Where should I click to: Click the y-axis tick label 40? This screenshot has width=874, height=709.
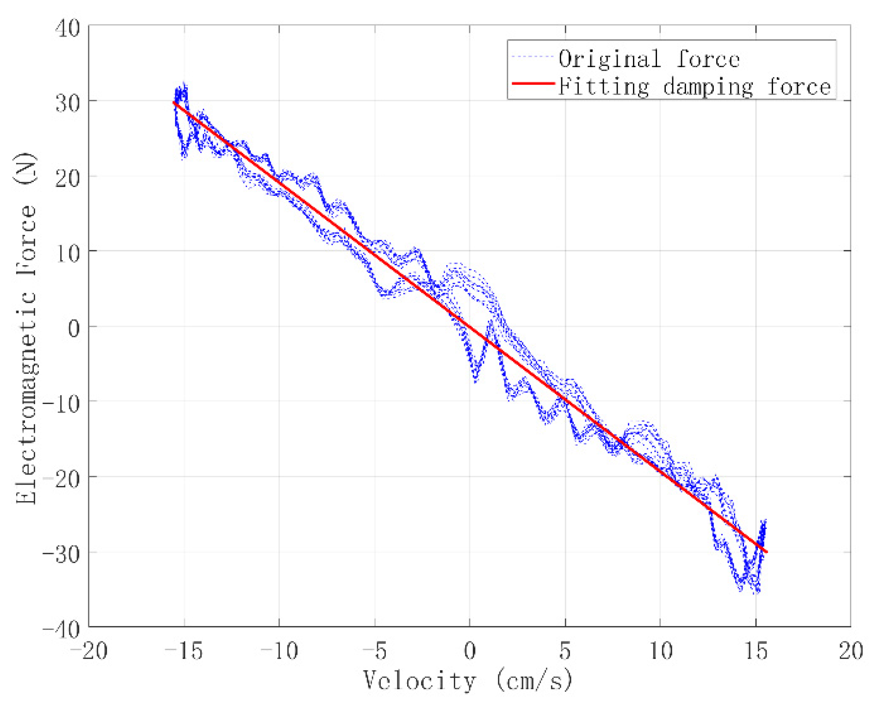tap(68, 28)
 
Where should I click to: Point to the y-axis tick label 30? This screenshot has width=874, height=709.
tap(68, 103)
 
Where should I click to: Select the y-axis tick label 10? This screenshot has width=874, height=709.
tap(68, 253)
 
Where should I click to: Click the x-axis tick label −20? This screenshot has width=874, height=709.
tap(89, 651)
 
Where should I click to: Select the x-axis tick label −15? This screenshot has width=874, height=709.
tap(184, 651)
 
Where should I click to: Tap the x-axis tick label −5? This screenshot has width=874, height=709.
tap(375, 651)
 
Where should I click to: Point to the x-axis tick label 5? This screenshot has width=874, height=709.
tap(565, 651)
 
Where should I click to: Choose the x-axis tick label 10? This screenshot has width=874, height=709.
tap(661, 651)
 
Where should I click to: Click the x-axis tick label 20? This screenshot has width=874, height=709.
tap(851, 651)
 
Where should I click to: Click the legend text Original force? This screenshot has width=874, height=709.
tap(649, 59)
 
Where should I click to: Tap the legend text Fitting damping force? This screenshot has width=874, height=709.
tap(694, 87)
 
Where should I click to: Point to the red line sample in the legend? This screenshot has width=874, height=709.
tap(533, 84)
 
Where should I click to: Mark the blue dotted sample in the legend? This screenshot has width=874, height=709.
tap(533, 56)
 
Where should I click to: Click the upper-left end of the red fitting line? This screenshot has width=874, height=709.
tap(174, 102)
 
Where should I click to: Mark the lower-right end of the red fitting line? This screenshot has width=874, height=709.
tap(766, 552)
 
